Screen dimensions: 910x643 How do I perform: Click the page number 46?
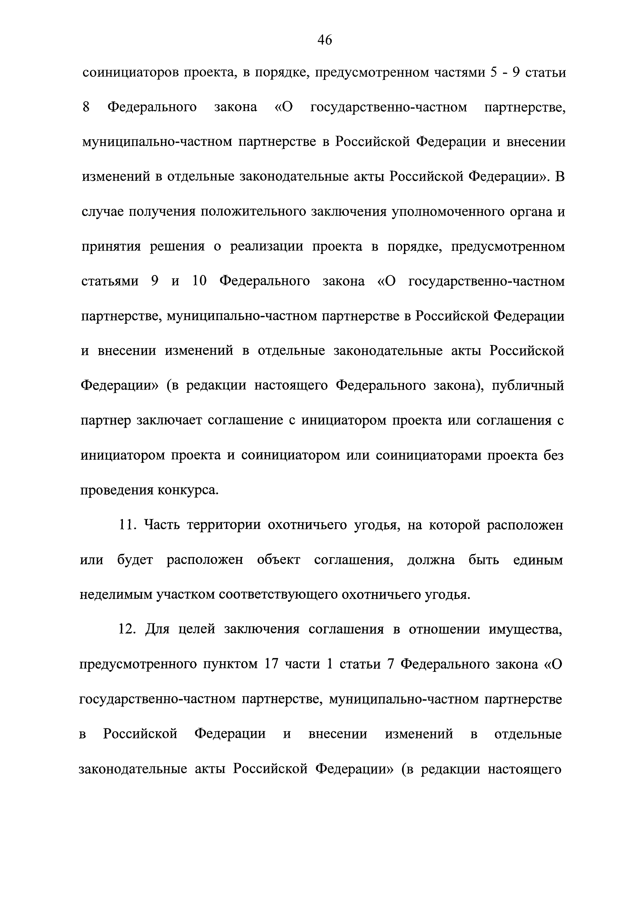(x=324, y=40)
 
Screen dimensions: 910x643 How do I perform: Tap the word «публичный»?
(x=528, y=385)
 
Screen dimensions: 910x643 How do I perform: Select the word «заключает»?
(x=170, y=420)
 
